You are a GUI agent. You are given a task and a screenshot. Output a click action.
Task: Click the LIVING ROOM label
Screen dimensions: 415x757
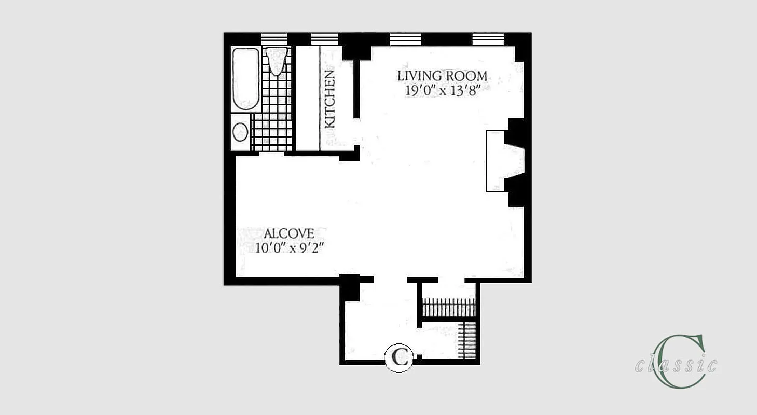(x=442, y=76)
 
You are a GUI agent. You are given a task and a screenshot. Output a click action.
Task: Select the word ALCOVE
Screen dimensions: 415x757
(x=288, y=233)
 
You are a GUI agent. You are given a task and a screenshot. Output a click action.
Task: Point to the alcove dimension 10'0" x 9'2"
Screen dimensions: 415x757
(x=289, y=247)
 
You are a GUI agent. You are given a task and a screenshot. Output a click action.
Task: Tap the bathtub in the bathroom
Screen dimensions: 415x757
(x=245, y=79)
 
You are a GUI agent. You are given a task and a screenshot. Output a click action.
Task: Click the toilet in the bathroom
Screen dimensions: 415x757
(x=277, y=60)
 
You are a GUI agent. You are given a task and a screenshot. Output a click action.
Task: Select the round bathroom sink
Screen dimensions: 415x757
(x=240, y=132)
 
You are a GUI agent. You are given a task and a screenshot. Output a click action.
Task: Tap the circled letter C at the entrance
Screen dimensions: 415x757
(x=398, y=358)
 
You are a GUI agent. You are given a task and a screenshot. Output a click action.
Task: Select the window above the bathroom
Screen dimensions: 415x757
(x=274, y=39)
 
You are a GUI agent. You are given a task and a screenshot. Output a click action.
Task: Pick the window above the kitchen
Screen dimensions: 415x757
(x=324, y=39)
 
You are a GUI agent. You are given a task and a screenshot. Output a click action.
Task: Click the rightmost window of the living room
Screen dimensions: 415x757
(x=488, y=39)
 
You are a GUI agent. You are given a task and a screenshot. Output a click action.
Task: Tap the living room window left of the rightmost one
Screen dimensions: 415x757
(x=405, y=39)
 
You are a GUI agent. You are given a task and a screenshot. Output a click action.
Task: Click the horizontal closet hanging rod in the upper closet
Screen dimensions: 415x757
(x=449, y=307)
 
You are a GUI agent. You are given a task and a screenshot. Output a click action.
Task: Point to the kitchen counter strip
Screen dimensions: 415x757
(x=307, y=99)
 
